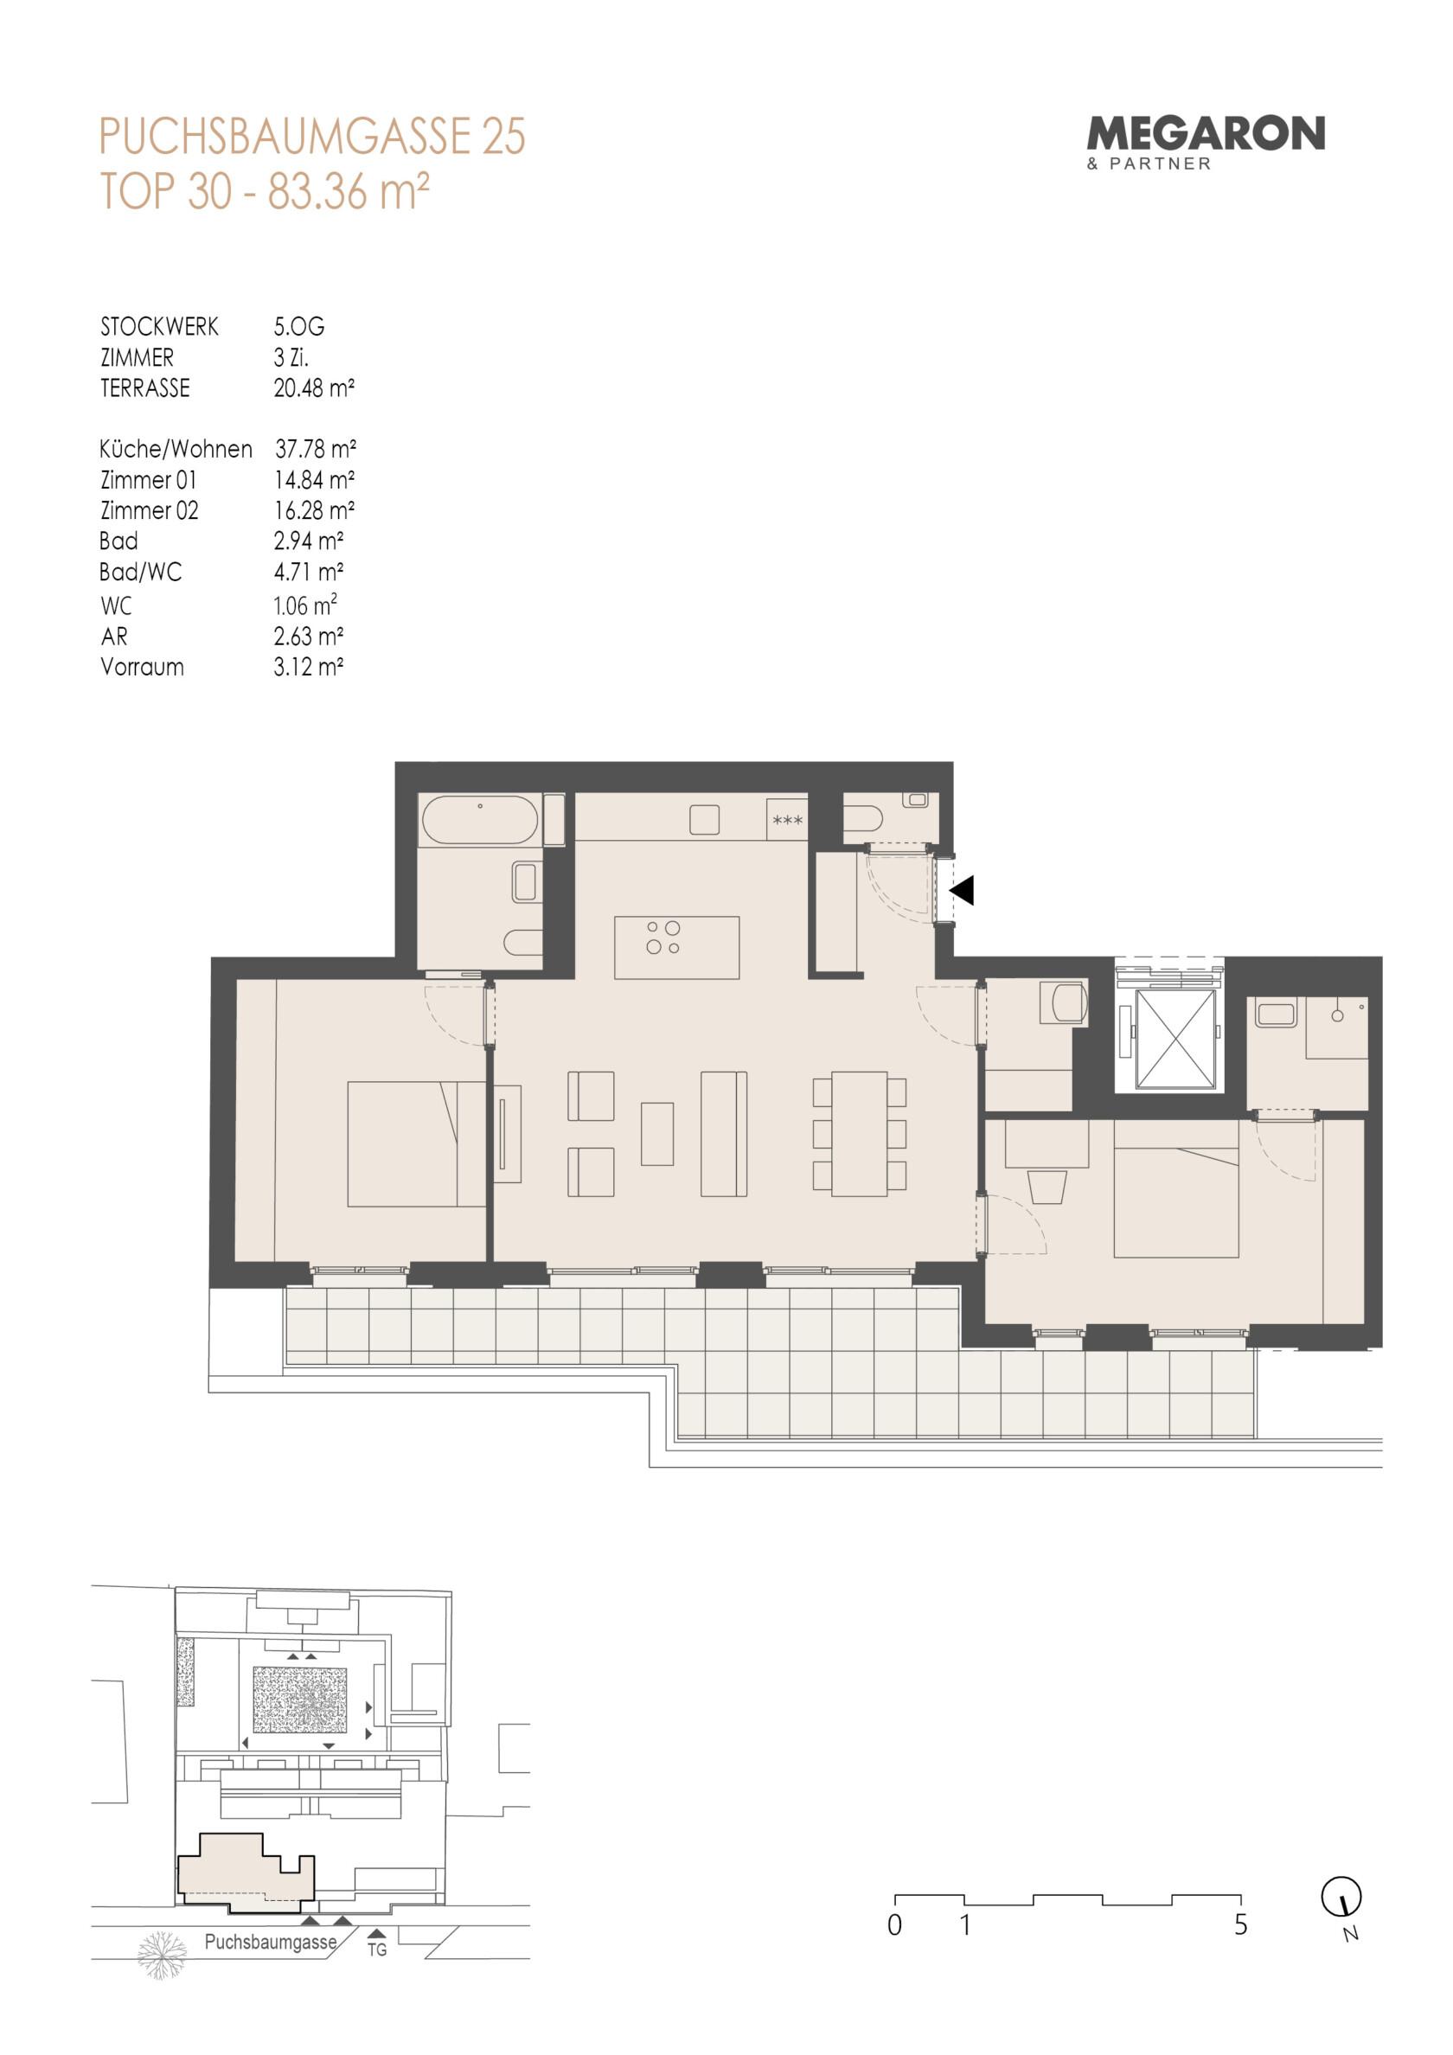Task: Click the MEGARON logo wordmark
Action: [1205, 134]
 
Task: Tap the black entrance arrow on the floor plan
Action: [962, 891]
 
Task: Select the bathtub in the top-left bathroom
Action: [480, 820]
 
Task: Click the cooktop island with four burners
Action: [677, 947]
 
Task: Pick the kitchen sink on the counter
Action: [705, 820]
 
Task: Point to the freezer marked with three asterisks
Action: [787, 820]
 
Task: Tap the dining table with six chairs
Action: [860, 1134]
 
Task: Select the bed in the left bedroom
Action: [416, 1144]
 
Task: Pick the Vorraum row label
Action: [143, 667]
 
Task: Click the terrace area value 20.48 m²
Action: [314, 388]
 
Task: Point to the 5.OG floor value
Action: [299, 327]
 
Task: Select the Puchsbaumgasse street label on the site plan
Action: [271, 1943]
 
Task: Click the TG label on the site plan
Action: [377, 1949]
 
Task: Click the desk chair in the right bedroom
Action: [1047, 1187]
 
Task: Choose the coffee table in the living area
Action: [657, 1134]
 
